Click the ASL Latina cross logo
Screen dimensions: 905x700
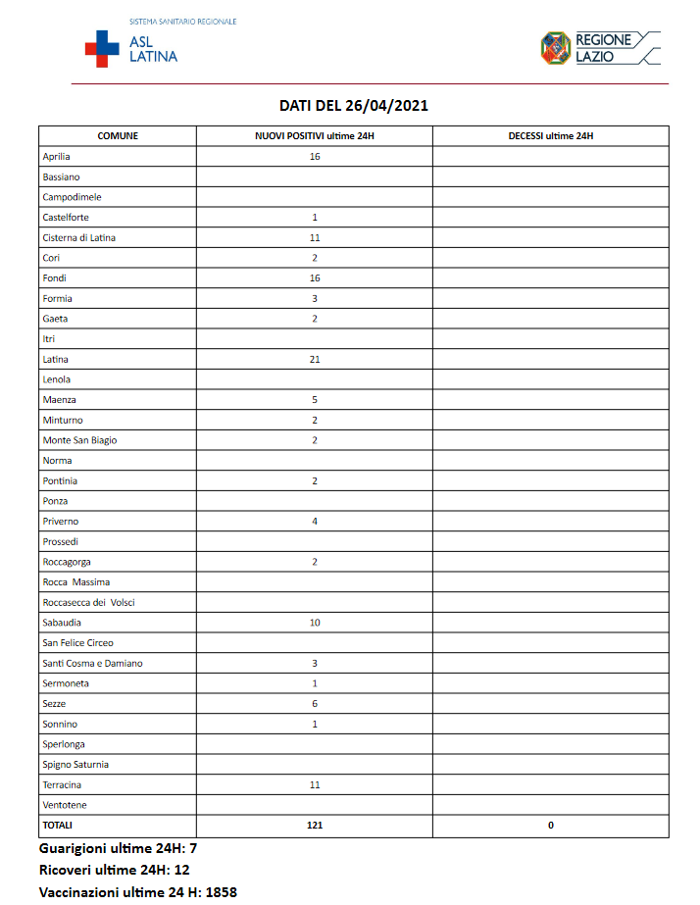[x=101, y=49]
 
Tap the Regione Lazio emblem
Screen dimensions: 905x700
[x=556, y=47]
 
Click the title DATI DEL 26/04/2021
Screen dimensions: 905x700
[x=353, y=106]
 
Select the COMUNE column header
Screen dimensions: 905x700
[x=118, y=136]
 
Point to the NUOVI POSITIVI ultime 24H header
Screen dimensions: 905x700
[x=314, y=136]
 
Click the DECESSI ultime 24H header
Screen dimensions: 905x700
[x=550, y=136]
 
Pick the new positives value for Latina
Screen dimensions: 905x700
[x=315, y=360]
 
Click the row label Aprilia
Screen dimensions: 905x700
[x=57, y=157]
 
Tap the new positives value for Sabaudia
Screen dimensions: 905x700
[x=315, y=623]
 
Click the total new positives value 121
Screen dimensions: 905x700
[x=315, y=826]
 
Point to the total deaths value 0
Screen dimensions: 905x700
[x=550, y=826]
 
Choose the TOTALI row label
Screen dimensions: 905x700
[x=58, y=826]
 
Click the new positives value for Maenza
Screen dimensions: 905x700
[x=315, y=400]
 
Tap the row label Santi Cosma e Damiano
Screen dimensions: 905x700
[x=92, y=664]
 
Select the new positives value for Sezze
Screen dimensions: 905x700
[x=315, y=704]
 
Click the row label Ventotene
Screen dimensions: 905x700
[x=64, y=805]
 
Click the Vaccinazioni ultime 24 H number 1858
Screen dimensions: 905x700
[x=221, y=892]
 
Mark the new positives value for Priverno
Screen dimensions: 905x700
[x=315, y=522]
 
